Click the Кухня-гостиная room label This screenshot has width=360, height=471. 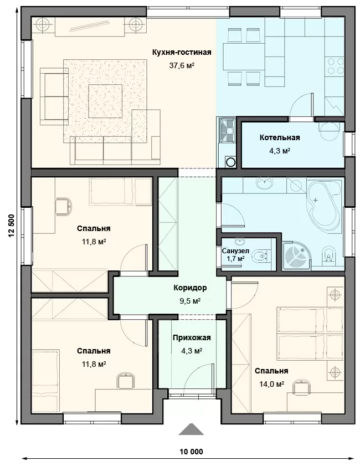182,52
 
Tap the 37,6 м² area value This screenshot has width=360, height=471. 182,65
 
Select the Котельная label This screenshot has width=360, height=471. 280,137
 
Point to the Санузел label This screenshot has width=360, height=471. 235,251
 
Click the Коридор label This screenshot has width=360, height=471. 190,288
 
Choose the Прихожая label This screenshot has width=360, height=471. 192,337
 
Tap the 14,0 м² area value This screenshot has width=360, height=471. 272,384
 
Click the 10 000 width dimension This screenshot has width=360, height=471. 191,452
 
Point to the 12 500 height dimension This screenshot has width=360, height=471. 12,226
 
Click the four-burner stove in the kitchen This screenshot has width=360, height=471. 336,66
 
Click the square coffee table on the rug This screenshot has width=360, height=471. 105,101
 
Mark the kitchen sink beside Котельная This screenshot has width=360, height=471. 227,131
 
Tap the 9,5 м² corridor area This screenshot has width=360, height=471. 190,301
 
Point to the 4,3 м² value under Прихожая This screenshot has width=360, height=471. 191,351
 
